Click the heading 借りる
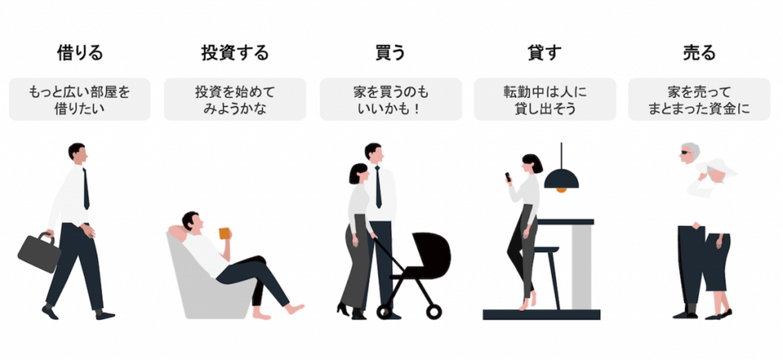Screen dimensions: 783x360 (x=80, y=53)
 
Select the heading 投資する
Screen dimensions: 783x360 (x=235, y=53)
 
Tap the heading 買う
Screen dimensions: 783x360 (x=390, y=53)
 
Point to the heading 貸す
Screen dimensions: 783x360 (x=544, y=53)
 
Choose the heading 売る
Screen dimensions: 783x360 (x=699, y=53)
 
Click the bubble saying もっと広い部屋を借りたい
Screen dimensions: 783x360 (x=79, y=99)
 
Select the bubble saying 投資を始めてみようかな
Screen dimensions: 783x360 (x=235, y=99)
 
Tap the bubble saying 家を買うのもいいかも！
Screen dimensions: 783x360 (x=390, y=99)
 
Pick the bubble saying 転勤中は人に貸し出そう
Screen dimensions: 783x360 (x=545, y=99)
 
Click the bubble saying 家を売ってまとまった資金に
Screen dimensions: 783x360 (x=699, y=99)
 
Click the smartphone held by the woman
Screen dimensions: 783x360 (x=508, y=177)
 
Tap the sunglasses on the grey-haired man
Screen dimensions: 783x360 (x=684, y=154)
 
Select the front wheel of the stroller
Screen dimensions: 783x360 (x=434, y=312)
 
